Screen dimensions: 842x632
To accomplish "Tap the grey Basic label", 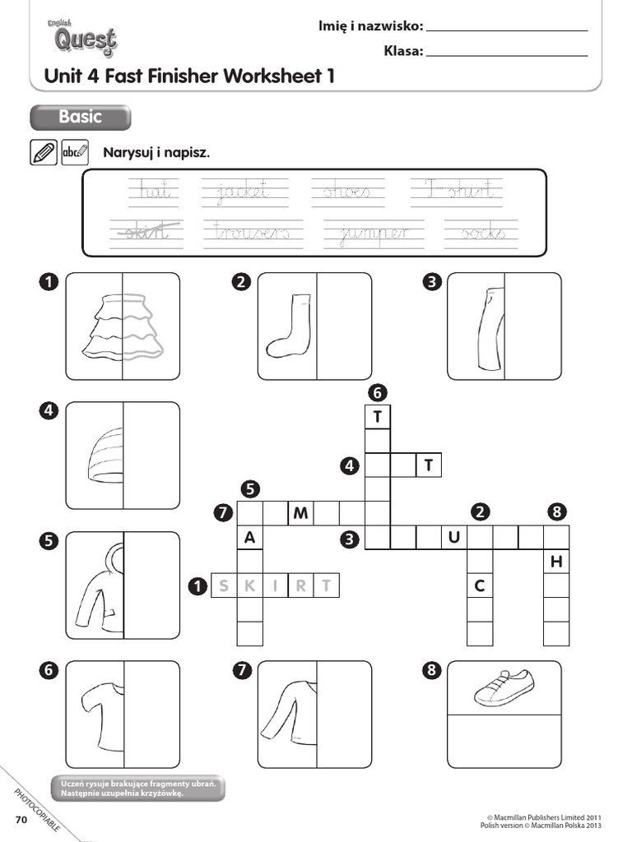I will [80, 118].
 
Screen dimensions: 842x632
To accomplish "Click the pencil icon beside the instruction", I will [43, 152].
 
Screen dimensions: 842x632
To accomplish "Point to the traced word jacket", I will [244, 192].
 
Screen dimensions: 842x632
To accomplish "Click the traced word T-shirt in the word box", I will [456, 190].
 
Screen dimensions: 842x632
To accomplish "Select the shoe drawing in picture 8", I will [504, 687].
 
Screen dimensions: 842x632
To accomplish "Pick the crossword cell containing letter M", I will [300, 514].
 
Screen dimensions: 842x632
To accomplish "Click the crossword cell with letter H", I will [556, 562].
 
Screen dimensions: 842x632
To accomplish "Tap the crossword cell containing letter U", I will [453, 538].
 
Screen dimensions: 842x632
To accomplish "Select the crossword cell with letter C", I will [479, 585].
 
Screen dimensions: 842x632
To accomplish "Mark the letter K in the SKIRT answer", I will [249, 585].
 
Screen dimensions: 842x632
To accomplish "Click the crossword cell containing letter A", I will [249, 538].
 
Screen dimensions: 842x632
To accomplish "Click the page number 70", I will [21, 820].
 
